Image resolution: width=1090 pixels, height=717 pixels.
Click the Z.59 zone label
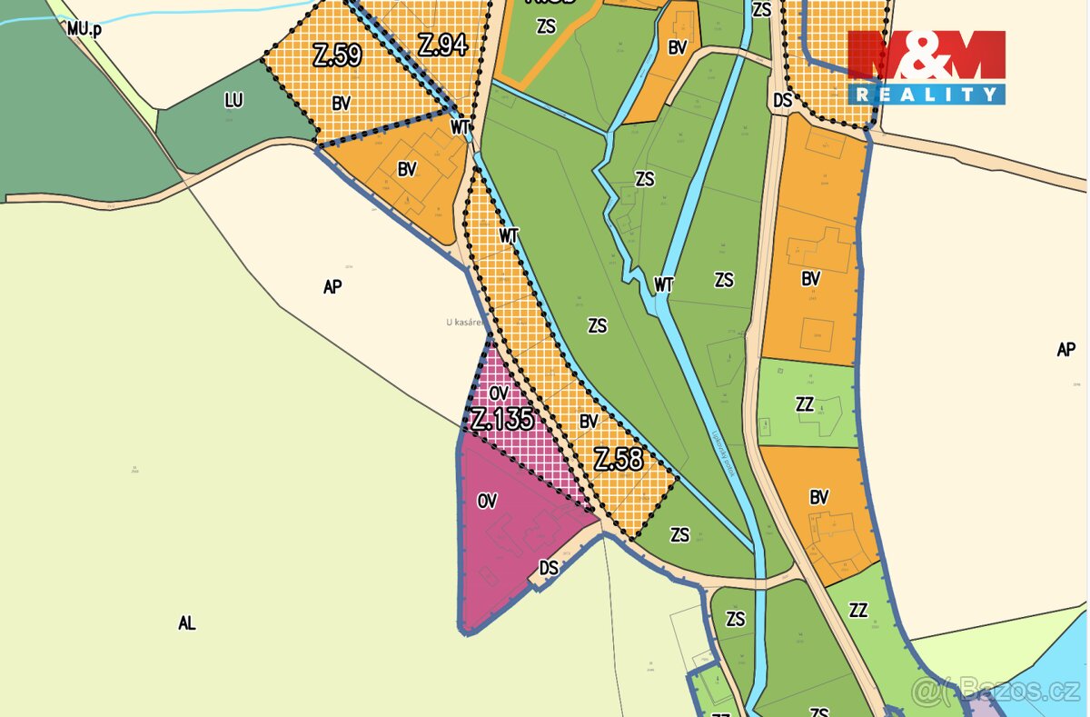(x=337, y=56)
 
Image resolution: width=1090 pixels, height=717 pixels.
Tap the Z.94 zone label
(x=442, y=44)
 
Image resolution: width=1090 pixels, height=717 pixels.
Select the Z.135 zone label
(x=501, y=420)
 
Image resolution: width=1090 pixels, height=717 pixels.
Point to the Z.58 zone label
(x=619, y=459)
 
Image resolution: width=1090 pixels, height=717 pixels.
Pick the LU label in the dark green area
(x=233, y=101)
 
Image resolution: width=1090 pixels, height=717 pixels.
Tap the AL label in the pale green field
(x=187, y=623)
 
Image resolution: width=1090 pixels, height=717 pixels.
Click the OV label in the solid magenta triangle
(x=487, y=501)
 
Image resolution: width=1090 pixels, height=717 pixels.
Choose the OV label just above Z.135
(x=498, y=393)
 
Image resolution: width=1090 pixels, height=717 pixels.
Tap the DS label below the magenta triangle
(x=549, y=568)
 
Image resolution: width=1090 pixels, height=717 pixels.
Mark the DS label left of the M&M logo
(x=783, y=101)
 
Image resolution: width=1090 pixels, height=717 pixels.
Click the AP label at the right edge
(x=1066, y=349)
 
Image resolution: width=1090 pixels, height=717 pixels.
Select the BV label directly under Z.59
(x=341, y=104)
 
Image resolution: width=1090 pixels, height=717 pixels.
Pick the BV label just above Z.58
(x=589, y=422)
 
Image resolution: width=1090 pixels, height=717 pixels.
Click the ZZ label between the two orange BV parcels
(x=804, y=405)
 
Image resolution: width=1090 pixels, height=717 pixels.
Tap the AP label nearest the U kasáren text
(x=332, y=286)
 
